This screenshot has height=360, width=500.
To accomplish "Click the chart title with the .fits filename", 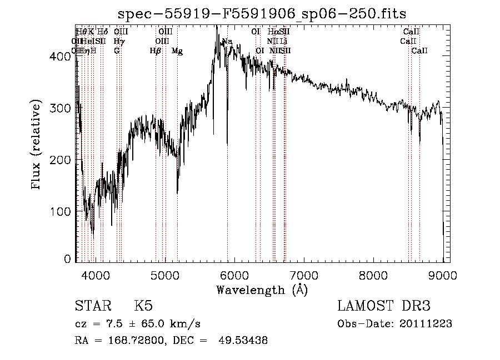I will (262, 14).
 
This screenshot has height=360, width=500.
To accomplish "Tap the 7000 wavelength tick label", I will (303, 275).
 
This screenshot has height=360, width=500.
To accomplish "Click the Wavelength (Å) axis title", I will (262, 290).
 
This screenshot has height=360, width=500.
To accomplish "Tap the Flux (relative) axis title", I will (37, 145).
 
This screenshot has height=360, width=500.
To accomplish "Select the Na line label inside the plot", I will (227, 42).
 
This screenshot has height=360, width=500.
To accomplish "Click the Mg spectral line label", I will (177, 51).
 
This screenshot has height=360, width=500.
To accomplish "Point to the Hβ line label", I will (156, 51).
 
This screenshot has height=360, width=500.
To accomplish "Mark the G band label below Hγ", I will (117, 51).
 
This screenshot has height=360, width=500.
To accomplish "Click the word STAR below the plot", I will (91, 307).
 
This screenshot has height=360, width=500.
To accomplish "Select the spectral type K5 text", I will (143, 307).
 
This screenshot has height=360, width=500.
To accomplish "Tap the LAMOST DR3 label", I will (383, 307).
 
